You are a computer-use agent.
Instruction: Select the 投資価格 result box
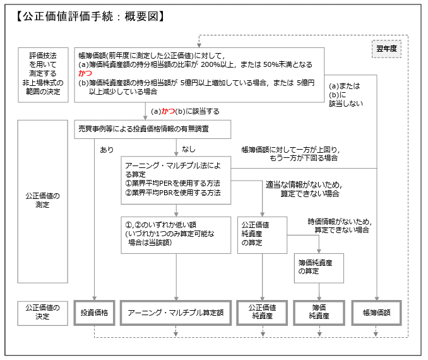94,312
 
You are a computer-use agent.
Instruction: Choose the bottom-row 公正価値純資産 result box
262,312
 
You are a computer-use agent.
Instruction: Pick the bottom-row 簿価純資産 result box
319,312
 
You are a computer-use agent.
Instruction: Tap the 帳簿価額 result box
376,312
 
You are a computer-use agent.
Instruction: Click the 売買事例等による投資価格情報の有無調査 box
152,129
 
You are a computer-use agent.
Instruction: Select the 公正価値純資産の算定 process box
262,235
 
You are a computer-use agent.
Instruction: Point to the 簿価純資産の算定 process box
319,268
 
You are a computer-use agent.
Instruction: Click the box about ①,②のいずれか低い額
175,235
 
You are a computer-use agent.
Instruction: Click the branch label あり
107,150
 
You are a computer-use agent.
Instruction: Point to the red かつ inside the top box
85,73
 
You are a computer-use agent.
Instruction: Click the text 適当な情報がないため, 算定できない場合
303,189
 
